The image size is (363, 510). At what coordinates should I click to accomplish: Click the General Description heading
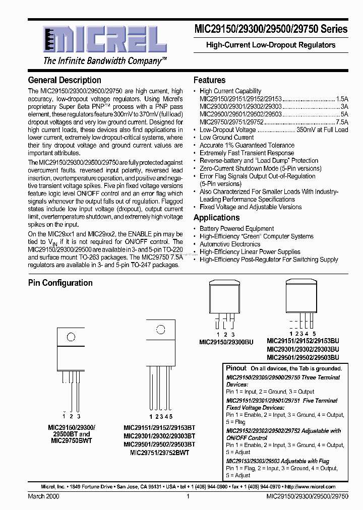coord(65,80)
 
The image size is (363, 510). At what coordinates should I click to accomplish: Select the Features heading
coord(209,80)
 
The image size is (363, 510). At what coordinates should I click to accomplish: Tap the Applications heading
coord(216,218)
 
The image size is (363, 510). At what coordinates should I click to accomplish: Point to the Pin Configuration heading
coord(60,283)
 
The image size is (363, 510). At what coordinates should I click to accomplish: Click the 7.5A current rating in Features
coord(342,122)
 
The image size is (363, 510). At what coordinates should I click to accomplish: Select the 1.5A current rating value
coord(342,99)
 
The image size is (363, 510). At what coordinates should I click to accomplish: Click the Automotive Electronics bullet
coord(229,244)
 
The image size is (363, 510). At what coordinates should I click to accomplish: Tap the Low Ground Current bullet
coord(226,138)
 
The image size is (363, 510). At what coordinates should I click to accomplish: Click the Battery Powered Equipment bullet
coord(236,229)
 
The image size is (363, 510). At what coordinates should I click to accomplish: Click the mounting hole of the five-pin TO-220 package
coord(160,331)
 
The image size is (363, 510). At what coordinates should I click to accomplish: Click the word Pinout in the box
coord(236,368)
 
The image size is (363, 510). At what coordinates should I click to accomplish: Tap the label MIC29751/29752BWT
coord(159,453)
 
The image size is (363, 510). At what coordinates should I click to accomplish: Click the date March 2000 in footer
coord(43,496)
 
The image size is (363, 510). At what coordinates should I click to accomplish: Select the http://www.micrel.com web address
coord(310,487)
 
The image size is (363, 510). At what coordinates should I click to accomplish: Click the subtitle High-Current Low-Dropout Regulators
coord(271,45)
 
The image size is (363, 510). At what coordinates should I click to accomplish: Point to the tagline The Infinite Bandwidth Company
coord(105,61)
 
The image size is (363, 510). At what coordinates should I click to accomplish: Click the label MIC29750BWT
coord(71,440)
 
